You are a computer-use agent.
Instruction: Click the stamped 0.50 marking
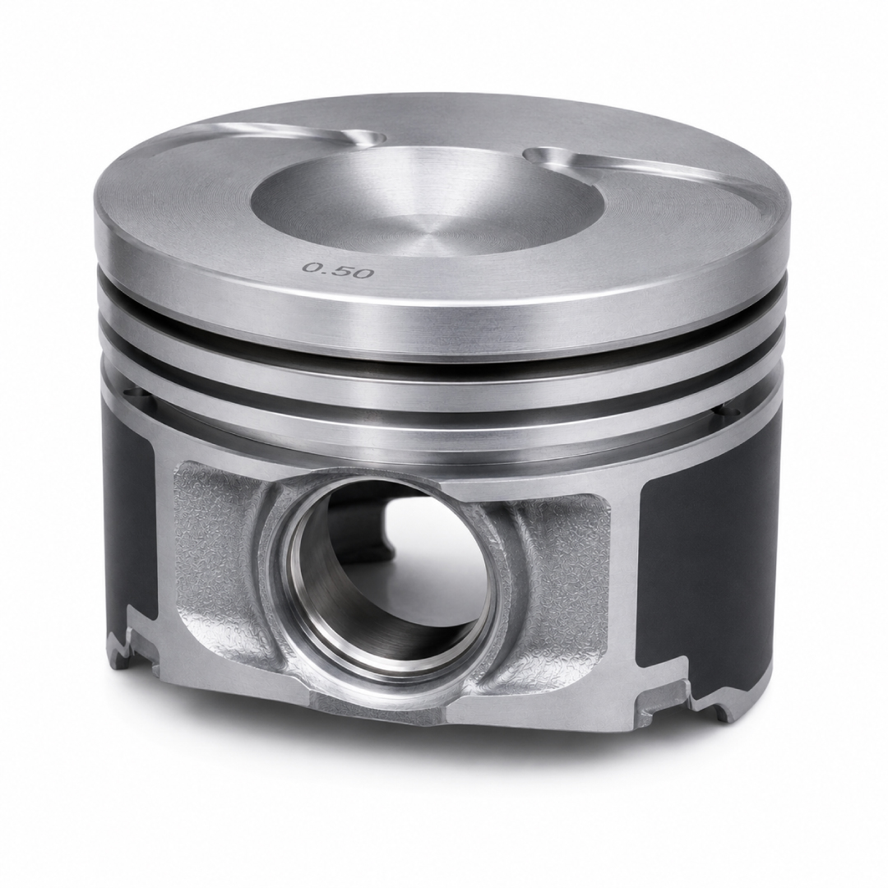(x=339, y=270)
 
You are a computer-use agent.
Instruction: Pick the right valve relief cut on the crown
(x=651, y=170)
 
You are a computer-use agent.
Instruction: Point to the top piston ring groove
(x=442, y=350)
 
